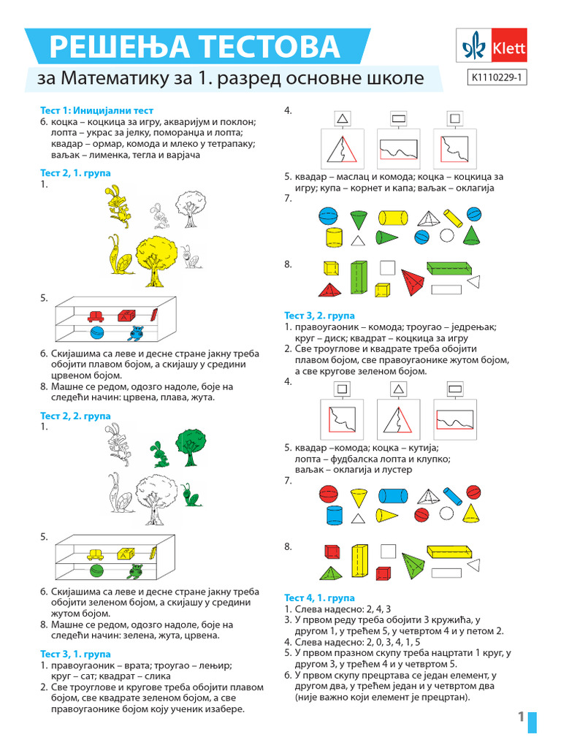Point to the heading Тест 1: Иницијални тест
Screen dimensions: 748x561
tap(97, 110)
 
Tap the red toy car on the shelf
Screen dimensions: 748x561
tap(95, 316)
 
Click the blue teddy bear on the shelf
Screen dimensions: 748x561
tap(136, 334)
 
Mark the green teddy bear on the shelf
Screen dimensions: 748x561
tap(136, 571)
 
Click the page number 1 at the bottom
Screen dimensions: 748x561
tap(522, 717)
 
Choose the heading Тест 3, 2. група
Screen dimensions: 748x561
tap(319, 315)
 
